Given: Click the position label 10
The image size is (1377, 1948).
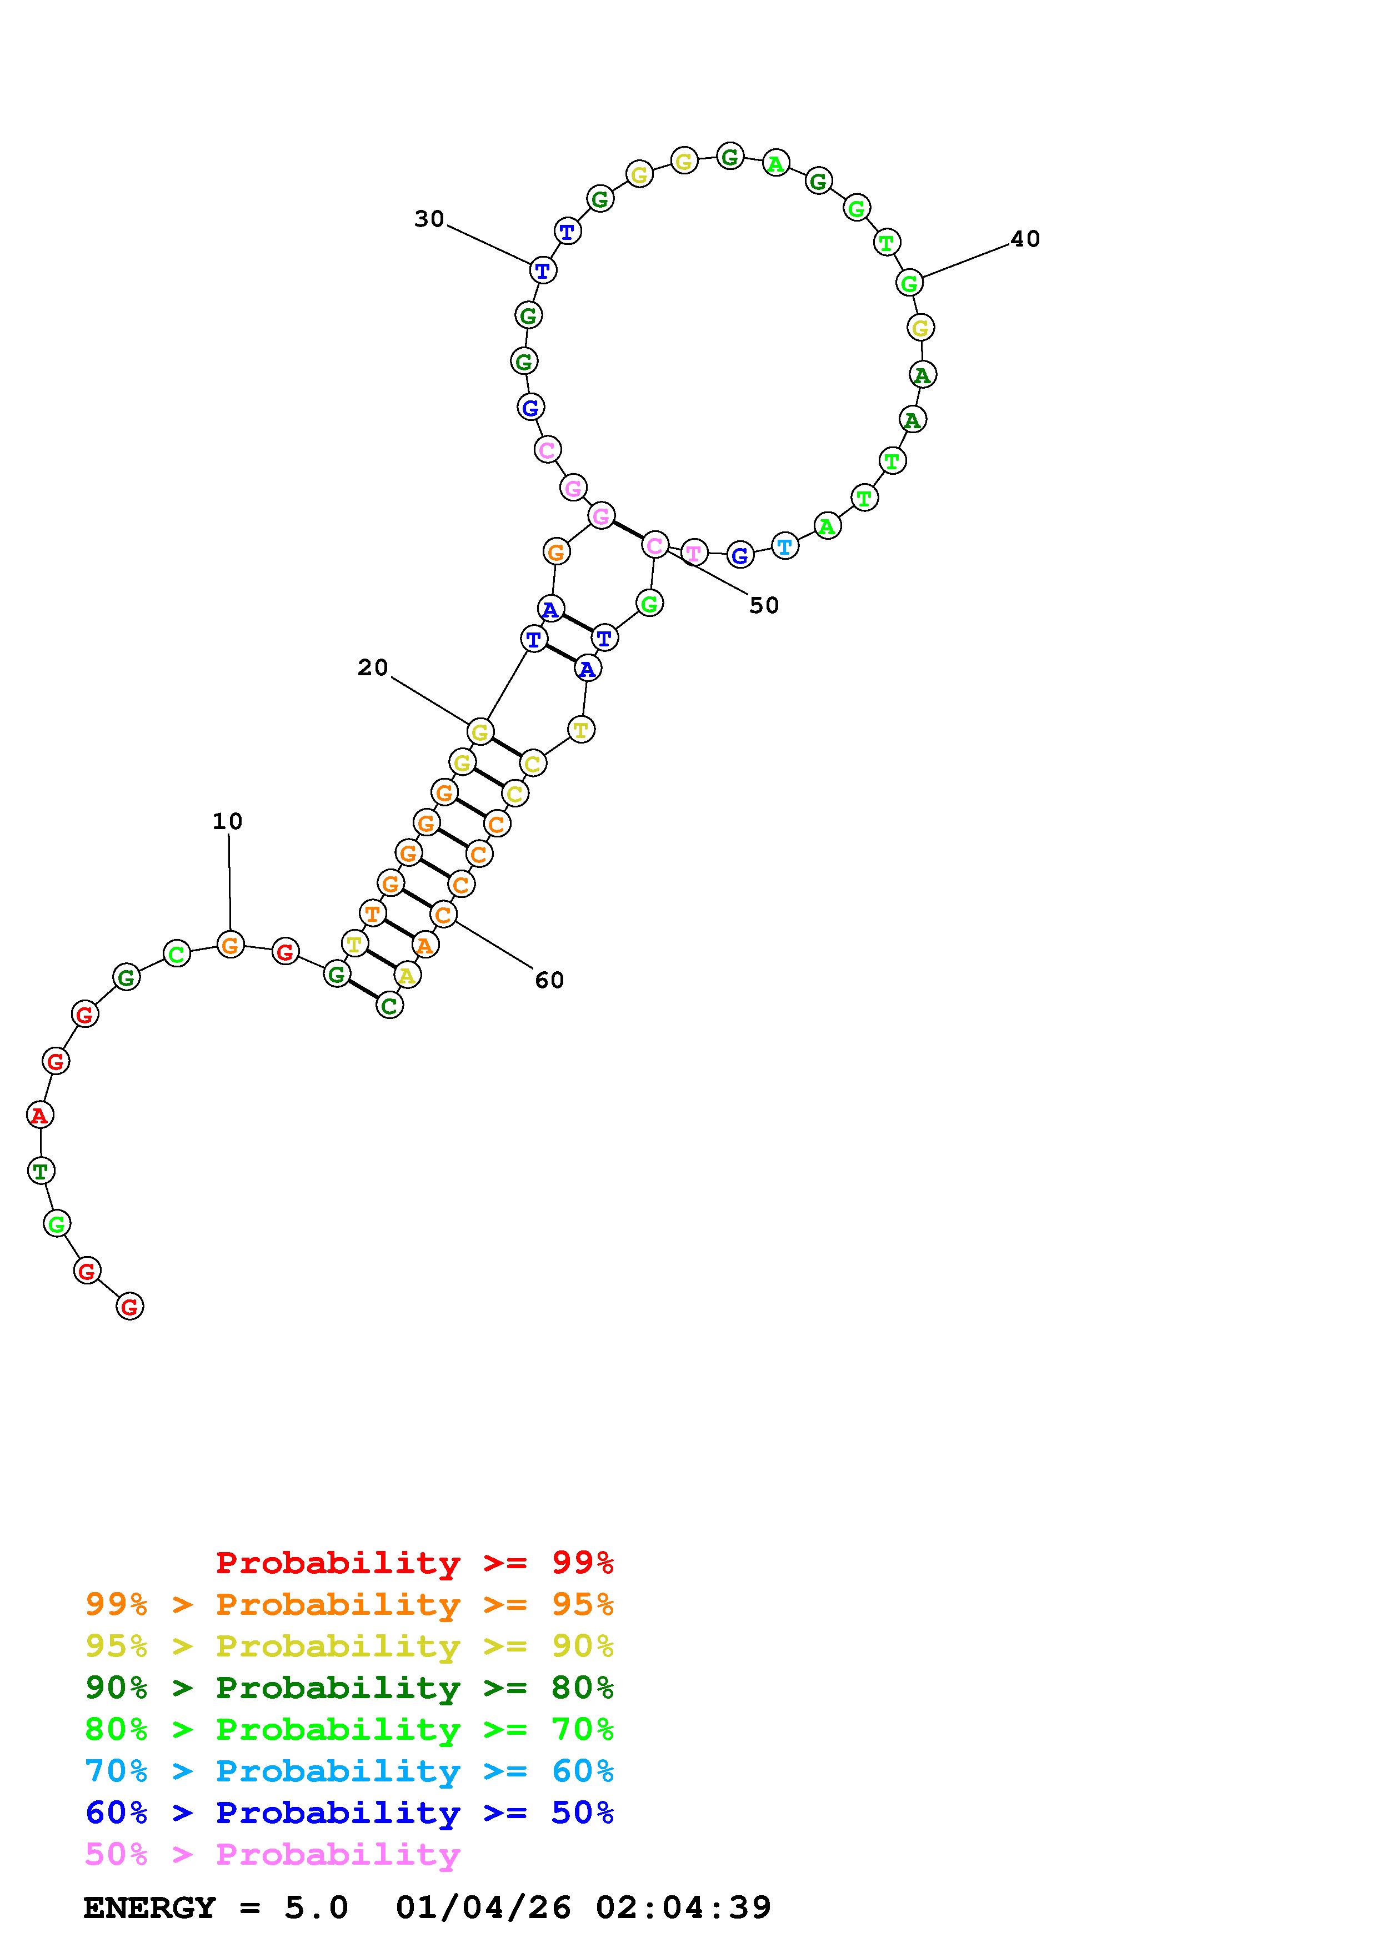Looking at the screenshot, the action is tap(227, 821).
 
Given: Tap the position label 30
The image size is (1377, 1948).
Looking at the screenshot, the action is tap(429, 219).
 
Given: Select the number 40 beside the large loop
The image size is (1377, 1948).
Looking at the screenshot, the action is tap(1025, 239).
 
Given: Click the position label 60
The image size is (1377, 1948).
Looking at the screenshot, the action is tap(549, 980).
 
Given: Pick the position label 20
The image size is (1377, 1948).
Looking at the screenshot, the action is tap(373, 667).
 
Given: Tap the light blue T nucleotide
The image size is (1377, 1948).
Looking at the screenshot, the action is tap(785, 546).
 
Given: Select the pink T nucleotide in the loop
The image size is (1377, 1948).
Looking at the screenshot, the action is tap(694, 553).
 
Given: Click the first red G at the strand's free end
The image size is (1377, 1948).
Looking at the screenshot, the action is tap(129, 1307).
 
